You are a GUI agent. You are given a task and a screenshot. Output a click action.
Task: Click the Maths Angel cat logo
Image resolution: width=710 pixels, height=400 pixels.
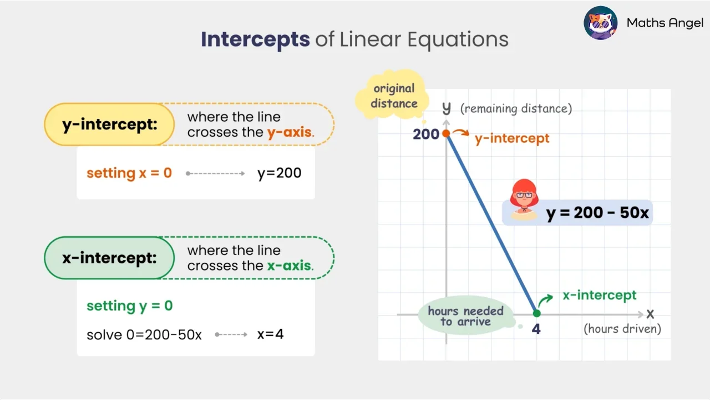(x=601, y=23)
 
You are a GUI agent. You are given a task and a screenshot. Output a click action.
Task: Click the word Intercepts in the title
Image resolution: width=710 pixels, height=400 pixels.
(x=255, y=39)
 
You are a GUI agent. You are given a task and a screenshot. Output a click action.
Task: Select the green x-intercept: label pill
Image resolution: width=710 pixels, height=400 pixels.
(x=109, y=258)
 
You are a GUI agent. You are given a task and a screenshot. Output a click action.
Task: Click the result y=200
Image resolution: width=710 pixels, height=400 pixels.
(x=279, y=173)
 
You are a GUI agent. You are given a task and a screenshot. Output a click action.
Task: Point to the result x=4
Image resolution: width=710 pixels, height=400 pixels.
(x=270, y=334)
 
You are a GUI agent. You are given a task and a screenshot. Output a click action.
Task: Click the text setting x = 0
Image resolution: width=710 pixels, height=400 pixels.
(x=129, y=173)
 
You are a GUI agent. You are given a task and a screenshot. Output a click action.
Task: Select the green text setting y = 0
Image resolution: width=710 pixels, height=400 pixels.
(x=130, y=306)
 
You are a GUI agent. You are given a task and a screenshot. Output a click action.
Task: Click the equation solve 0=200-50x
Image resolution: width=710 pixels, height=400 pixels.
(x=144, y=335)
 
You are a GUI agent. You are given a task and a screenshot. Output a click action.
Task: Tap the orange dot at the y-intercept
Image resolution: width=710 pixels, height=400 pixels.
(x=446, y=134)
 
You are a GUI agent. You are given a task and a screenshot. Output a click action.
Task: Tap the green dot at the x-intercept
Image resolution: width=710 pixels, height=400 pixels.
(x=536, y=313)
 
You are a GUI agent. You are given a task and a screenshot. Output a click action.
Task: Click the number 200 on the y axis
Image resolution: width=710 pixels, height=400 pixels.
(x=426, y=134)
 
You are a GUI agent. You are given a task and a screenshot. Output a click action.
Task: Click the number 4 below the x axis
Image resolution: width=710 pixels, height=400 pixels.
(x=536, y=329)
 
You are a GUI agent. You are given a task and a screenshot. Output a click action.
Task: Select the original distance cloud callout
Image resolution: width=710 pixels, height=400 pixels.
(x=394, y=96)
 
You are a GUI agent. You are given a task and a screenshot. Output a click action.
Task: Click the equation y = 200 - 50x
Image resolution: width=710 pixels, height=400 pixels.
(x=597, y=213)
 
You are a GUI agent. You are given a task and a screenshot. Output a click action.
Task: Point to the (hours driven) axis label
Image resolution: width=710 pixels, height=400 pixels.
(x=622, y=329)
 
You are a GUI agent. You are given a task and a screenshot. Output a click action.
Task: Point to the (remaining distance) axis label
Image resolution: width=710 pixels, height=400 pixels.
(x=516, y=108)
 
